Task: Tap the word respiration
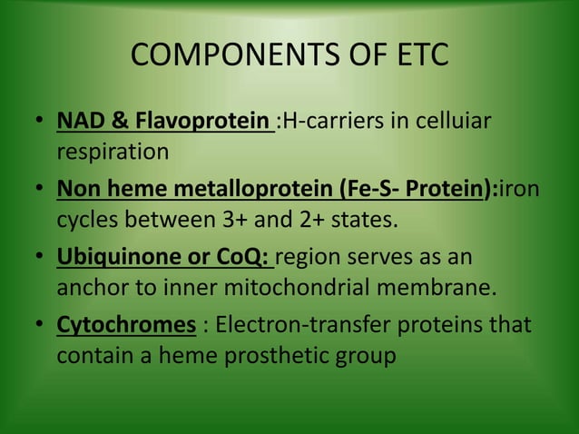point(113,151)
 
